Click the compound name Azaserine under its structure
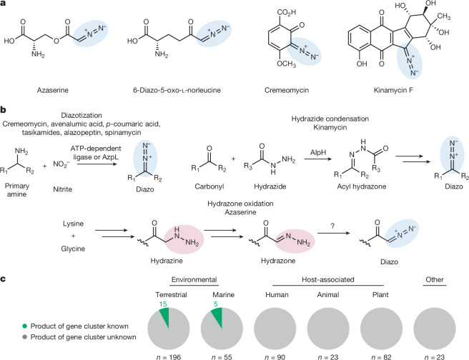[x=53, y=90]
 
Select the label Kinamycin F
[x=393, y=90]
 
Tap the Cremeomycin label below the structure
[x=287, y=90]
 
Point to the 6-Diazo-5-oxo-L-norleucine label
[x=177, y=90]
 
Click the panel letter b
[x=3, y=110]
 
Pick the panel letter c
[x=3, y=279]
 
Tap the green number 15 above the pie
[x=163, y=304]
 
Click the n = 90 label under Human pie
[x=275, y=356]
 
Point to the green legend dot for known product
[x=25, y=326]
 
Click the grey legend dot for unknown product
[x=25, y=337]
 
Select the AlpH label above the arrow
[x=318, y=153]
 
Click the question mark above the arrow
[x=332, y=226]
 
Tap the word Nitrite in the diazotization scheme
[x=62, y=189]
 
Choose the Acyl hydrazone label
[x=362, y=186]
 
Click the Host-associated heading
[x=328, y=279]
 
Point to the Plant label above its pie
[x=380, y=295]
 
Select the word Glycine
[x=73, y=249]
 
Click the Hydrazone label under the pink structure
[x=278, y=261]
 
